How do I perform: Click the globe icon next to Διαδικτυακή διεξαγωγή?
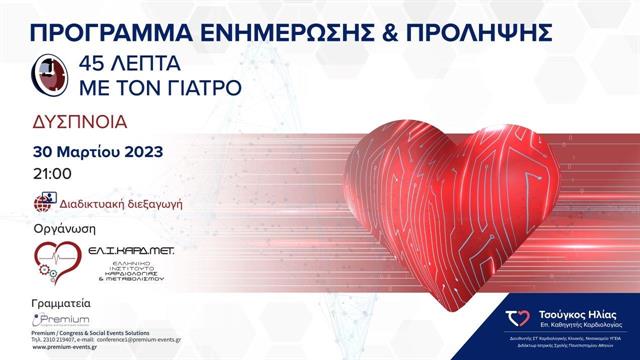45,203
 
